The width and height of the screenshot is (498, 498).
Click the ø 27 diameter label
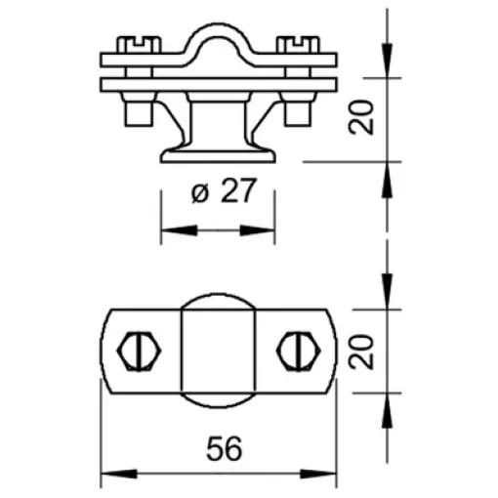pos(224,191)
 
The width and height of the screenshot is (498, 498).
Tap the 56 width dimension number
pos(225,449)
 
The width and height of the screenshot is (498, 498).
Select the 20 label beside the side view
pos(361,117)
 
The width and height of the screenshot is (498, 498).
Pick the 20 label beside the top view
pos(361,352)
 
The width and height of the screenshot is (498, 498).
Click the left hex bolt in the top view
pos(139,351)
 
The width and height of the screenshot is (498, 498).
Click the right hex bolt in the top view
pos(299,351)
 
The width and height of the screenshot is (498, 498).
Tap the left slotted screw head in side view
pos(139,45)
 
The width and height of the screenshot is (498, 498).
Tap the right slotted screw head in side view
pos(298,45)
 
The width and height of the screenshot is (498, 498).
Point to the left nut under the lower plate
pos(139,109)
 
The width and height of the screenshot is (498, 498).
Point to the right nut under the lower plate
pos(298,109)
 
